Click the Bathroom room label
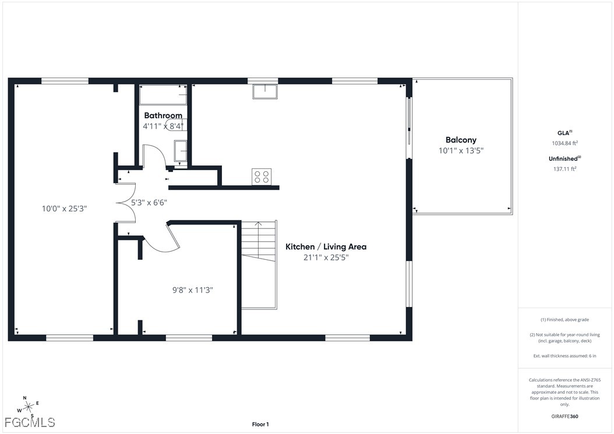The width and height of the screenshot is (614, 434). tap(163, 115)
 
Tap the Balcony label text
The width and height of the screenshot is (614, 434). tap(461, 140)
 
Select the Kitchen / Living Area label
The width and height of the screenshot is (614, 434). tap(326, 246)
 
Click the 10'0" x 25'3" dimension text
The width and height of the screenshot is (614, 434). tap(64, 209)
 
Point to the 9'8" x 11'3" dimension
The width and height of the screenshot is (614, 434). tap(193, 290)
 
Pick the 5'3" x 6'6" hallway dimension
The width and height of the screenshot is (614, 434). tap(149, 203)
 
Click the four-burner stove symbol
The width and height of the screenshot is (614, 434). tap(262, 177)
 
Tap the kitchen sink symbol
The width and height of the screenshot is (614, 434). tap(265, 91)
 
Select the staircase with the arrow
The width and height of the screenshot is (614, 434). tap(259, 265)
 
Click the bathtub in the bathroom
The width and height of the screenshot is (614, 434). tap(163, 94)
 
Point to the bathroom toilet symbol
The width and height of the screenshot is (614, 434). tap(175, 125)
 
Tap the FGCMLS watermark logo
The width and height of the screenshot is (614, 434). tap(30, 422)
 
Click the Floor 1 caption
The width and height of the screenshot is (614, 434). tap(260, 424)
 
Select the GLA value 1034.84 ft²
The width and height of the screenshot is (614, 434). tap(564, 143)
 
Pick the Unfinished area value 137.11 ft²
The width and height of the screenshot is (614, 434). tap(564, 169)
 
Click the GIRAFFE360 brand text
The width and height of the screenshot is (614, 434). tap(564, 417)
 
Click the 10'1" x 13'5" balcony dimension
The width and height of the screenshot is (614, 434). tap(461, 150)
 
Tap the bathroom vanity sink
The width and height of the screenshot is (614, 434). tap(181, 151)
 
